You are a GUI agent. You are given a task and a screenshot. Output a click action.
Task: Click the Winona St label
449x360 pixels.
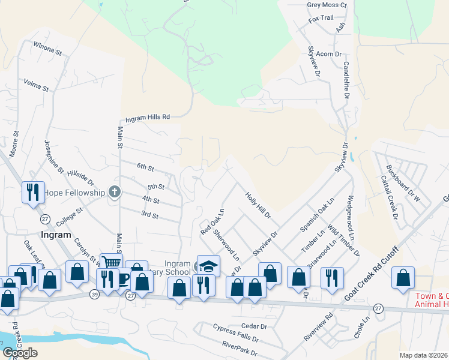tap(48, 48)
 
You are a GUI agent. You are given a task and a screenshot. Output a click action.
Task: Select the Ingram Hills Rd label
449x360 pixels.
tap(148, 118)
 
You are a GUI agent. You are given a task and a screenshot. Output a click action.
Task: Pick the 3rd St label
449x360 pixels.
tap(149, 215)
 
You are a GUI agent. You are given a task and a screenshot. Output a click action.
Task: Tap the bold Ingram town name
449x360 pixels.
tap(56, 235)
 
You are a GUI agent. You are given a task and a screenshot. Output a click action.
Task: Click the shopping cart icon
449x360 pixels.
tap(110, 262)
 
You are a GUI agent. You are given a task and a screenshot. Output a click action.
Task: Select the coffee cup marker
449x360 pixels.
tap(122, 279)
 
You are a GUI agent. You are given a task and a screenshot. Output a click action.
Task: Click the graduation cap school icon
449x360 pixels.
tap(209, 265)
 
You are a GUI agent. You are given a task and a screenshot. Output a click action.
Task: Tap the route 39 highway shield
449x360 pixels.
tap(95, 294)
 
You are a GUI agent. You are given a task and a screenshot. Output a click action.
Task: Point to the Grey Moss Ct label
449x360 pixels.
tap(327, 5)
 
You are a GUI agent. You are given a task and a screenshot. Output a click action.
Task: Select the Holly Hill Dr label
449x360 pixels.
tap(258, 204)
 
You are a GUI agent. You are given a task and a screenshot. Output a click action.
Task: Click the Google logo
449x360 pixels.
tap(19, 353)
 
